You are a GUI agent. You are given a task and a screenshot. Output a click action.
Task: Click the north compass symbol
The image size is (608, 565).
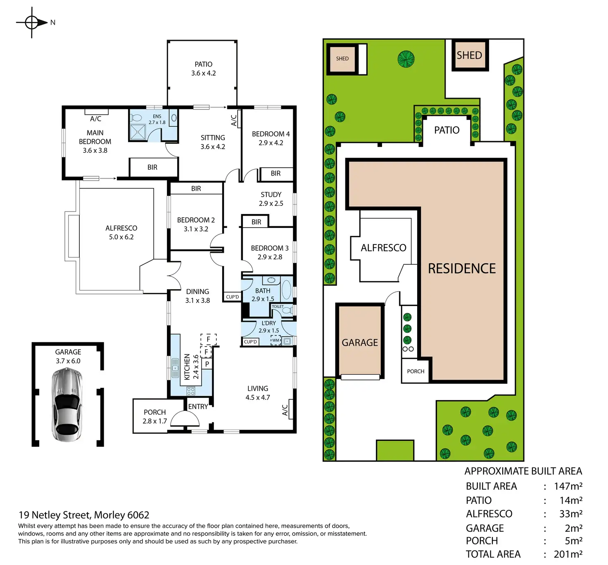coord(32,22)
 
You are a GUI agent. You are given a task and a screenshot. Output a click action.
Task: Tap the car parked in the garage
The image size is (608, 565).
coord(67,404)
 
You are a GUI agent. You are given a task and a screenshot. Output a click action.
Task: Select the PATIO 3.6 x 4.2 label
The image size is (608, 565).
coord(203,69)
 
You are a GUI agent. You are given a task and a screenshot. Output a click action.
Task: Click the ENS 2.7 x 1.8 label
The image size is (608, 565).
coord(157,119)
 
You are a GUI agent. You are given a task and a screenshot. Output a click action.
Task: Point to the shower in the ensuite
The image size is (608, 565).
coord(138,132)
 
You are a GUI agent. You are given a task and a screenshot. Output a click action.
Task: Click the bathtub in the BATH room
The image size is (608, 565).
coord(287,289)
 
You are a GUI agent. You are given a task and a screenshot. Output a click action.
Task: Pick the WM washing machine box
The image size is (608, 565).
coord(275,340)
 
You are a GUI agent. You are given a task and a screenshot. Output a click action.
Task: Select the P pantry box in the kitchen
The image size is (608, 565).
coord(207,364)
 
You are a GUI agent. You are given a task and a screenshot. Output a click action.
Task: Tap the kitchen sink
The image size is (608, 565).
coord(175,368)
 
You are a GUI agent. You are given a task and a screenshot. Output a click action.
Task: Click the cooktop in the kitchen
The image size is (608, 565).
coord(190,390)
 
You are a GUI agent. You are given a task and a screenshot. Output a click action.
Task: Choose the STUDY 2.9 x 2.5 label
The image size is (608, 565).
coord(271,199)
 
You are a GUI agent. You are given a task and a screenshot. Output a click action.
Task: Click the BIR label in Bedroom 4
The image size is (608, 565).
coord(275,173)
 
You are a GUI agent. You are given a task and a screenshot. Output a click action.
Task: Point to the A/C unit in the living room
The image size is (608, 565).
coord(290,409)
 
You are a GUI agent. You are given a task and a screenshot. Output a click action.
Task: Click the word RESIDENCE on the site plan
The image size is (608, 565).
coord(461,268)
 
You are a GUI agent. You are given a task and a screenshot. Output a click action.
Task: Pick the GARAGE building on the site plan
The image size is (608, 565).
coord(360,341)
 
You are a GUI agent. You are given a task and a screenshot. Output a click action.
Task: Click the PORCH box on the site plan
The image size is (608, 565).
coord(416,371)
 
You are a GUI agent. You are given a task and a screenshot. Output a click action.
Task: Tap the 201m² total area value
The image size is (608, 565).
coord(568,554)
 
